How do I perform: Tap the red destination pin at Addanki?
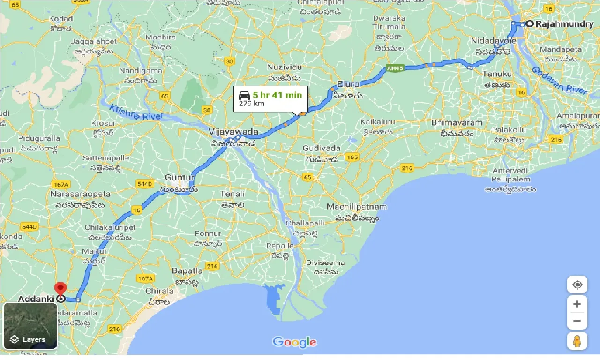(60, 288)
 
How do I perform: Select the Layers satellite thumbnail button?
(30, 326)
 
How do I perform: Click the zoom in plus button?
(577, 304)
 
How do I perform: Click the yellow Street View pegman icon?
(577, 341)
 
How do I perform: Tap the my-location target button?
(577, 285)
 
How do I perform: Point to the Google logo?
(294, 342)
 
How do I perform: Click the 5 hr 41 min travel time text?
(277, 95)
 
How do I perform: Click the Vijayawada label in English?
(233, 131)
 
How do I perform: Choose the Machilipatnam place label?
(357, 207)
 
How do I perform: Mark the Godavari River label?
(559, 80)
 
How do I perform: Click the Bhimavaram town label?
(457, 123)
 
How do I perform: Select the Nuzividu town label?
(285, 67)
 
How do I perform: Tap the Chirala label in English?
(160, 291)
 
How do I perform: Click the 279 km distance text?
(251, 104)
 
